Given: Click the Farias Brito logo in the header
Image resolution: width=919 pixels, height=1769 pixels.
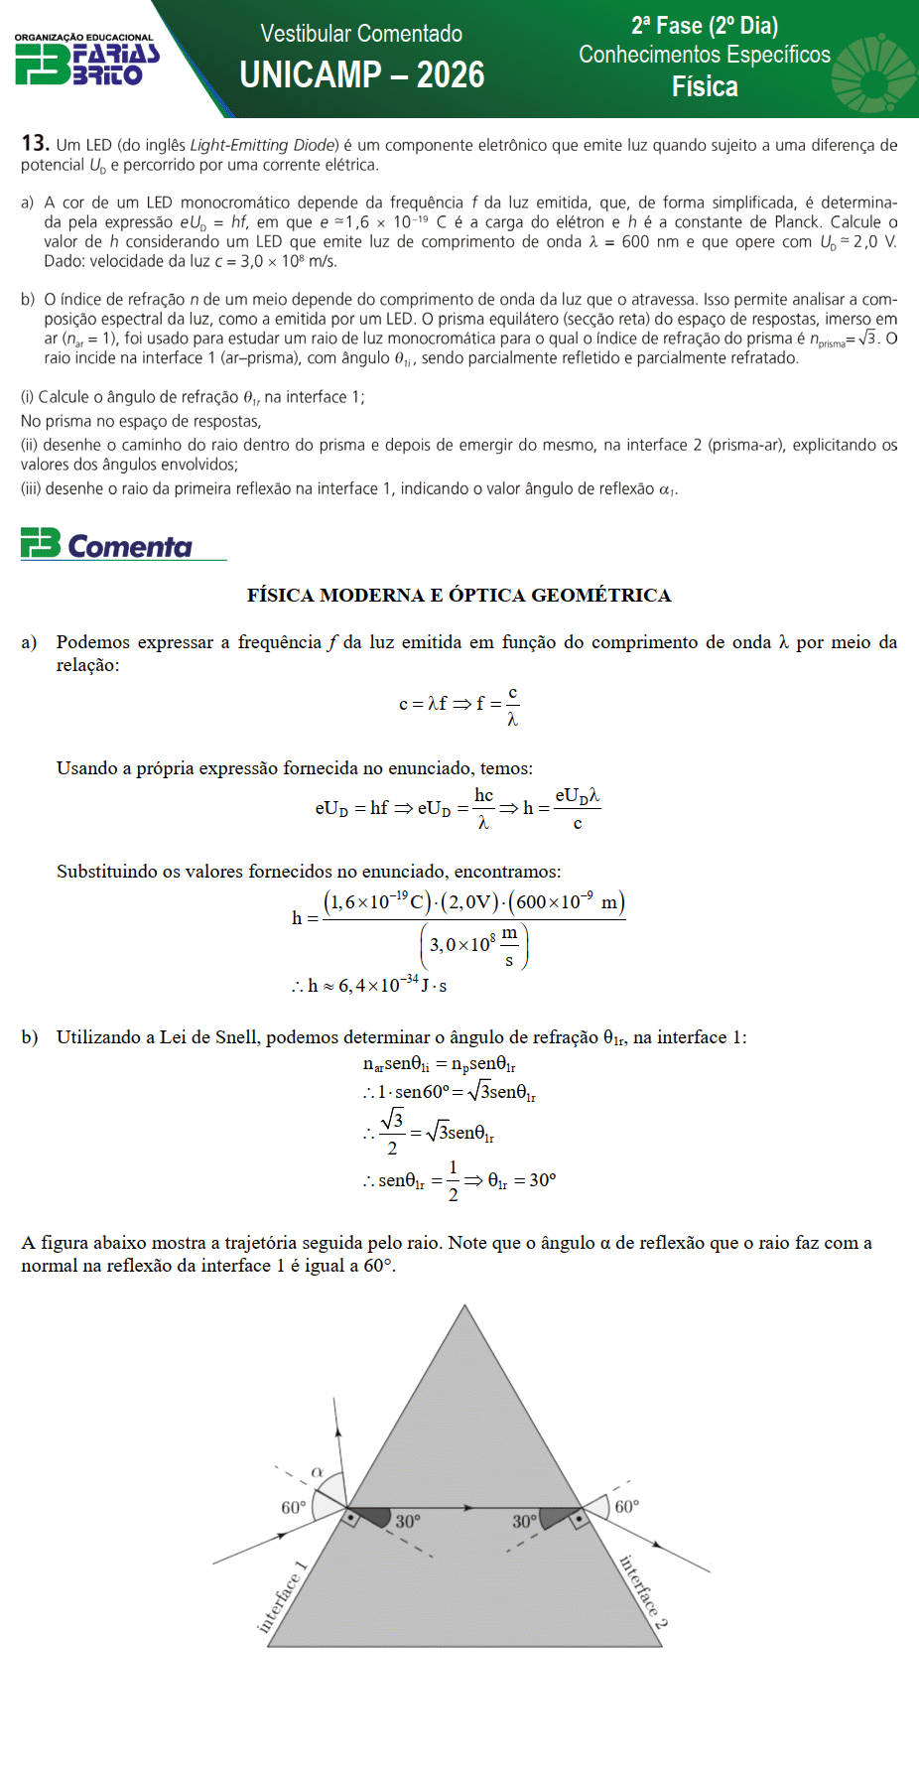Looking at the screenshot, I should click(x=86, y=61).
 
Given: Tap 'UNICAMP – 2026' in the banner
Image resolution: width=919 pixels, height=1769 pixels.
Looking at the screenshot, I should click(x=362, y=75).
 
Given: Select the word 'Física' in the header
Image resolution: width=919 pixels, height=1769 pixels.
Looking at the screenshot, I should click(x=705, y=87).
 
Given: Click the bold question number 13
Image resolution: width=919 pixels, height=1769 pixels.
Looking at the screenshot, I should click(x=35, y=144).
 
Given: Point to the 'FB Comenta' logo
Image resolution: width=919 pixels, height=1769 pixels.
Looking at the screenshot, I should click(x=107, y=545).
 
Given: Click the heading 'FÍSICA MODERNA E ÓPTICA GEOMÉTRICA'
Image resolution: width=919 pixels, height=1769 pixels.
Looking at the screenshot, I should click(x=459, y=596).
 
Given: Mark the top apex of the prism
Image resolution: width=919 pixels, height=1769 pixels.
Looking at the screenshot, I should click(x=464, y=1306).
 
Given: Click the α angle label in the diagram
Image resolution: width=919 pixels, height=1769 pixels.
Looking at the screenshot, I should click(x=318, y=1472).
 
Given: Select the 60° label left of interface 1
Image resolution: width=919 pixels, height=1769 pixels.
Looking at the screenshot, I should click(x=294, y=1508).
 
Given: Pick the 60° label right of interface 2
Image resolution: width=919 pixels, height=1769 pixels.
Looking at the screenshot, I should click(x=627, y=1507).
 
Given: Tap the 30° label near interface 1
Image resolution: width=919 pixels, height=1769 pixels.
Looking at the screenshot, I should click(x=408, y=1522).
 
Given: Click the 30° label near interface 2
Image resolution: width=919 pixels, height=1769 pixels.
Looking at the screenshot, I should click(x=524, y=1522).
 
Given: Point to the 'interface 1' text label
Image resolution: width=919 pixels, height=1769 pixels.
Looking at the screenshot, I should click(x=282, y=1597).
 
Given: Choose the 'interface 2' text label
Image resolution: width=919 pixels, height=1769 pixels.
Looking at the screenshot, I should click(x=643, y=1591).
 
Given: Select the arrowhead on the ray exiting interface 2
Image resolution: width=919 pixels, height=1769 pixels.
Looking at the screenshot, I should click(x=654, y=1545).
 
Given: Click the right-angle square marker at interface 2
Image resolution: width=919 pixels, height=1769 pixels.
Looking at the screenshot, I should click(x=578, y=1518).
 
